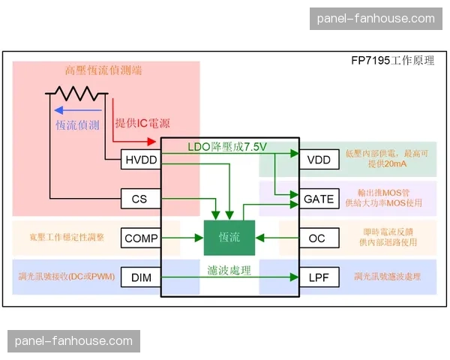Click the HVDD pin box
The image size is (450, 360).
point(141,159)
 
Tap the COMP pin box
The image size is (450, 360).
point(141,238)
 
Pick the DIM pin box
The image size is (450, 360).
point(141,277)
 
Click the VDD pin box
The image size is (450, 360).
point(318,159)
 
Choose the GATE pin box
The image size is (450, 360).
point(318,199)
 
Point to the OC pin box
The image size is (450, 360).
point(318,238)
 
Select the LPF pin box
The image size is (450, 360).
point(318,277)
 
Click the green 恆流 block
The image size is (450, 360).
point(229,238)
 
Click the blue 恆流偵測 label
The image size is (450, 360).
point(78,125)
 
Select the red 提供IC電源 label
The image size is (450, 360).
point(147,122)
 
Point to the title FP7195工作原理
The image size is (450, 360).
point(392,61)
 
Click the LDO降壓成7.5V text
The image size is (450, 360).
point(229,145)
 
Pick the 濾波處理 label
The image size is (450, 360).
point(229,269)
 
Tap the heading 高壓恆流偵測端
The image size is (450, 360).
point(103,70)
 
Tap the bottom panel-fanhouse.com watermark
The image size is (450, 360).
point(73,341)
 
